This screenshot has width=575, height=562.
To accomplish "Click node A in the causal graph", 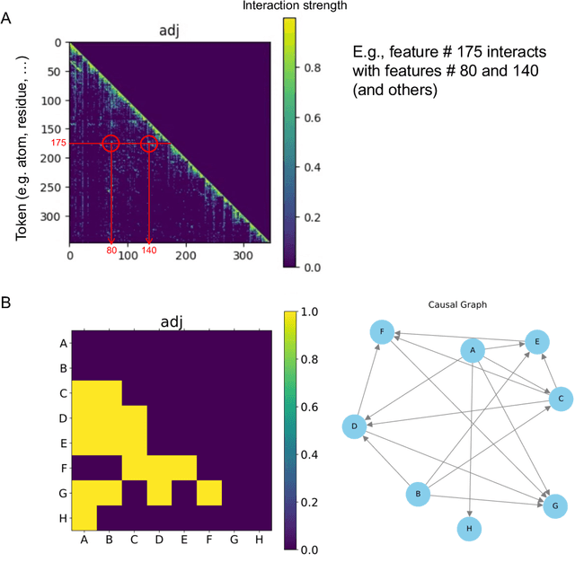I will tap(473, 351).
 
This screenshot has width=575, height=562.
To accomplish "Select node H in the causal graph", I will tap(468, 529).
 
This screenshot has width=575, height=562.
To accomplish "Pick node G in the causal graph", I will tap(556, 506).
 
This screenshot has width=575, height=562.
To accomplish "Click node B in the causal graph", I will tap(417, 494).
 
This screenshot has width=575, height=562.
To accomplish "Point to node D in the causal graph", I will tap(355, 426).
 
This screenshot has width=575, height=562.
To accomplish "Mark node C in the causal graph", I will tap(560, 398).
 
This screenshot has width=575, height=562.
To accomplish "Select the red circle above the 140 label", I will tap(148, 144).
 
